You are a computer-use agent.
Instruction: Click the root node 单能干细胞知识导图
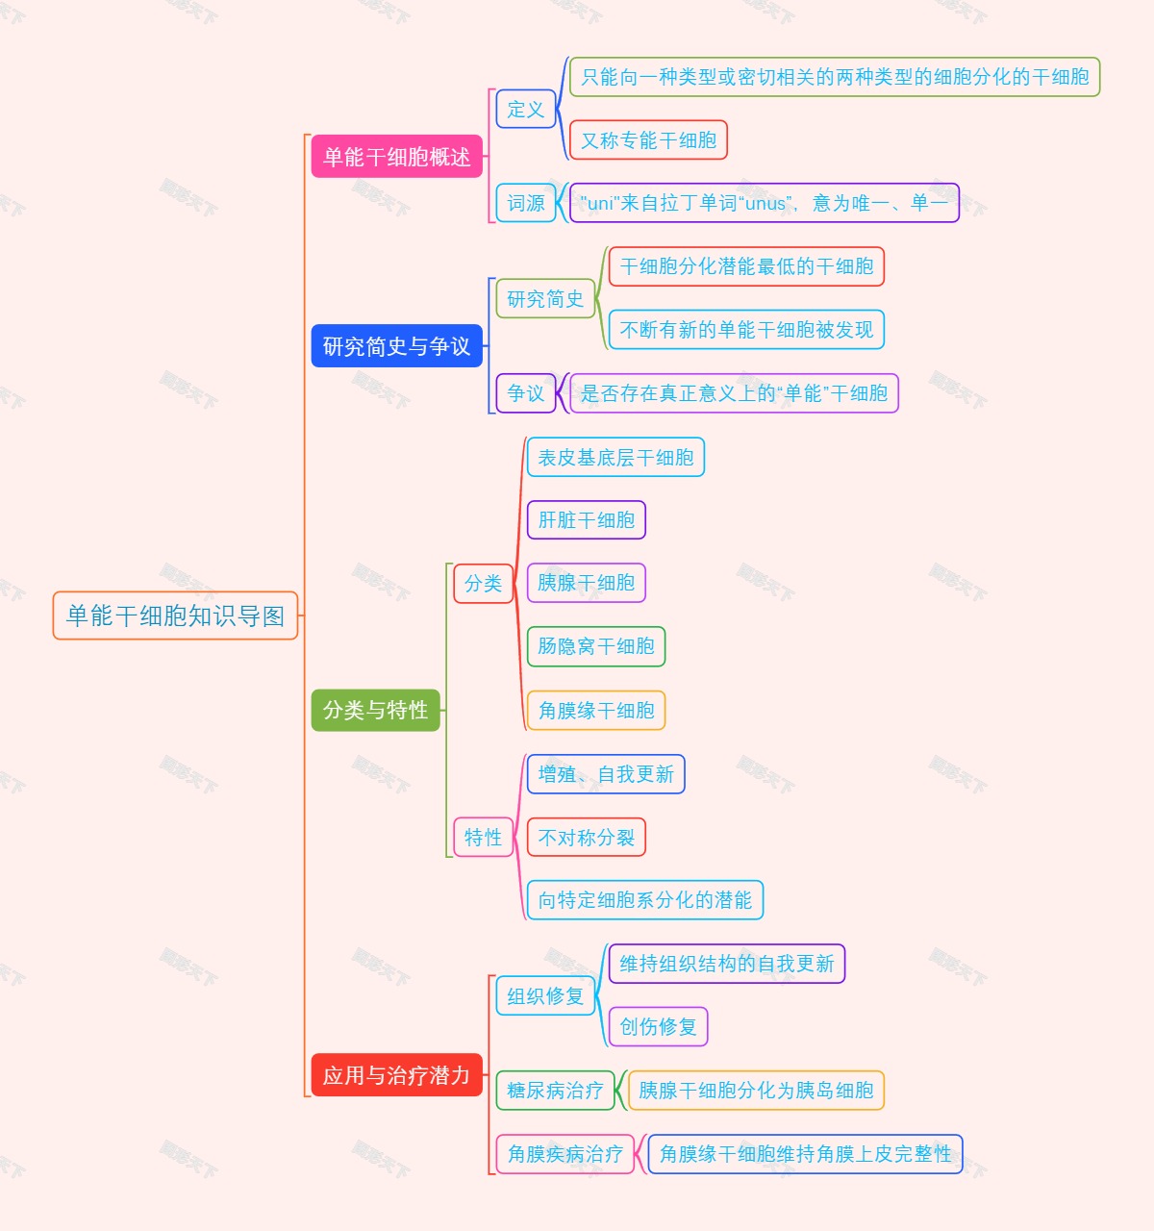tap(175, 615)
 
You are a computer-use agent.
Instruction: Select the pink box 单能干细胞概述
tap(396, 157)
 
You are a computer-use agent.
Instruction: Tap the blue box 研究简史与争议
tap(396, 346)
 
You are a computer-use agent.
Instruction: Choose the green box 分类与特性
tap(375, 710)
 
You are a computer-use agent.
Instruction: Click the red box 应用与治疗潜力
tap(396, 1075)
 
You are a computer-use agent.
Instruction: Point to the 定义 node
tap(526, 110)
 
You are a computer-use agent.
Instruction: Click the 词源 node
tap(526, 203)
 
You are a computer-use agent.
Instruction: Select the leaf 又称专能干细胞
tap(648, 140)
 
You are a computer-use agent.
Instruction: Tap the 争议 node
tap(526, 393)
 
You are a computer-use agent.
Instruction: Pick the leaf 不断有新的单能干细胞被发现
tap(746, 330)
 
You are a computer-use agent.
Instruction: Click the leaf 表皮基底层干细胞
tap(615, 457)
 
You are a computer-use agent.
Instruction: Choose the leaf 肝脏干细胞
tap(586, 520)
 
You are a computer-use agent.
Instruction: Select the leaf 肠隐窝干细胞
tap(595, 646)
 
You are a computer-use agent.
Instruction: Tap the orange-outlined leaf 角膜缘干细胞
tap(595, 711)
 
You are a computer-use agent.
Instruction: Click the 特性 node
tap(483, 837)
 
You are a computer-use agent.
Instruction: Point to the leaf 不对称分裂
tap(586, 837)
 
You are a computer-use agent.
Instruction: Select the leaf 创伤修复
tap(658, 1026)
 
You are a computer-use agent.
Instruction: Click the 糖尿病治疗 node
tap(555, 1091)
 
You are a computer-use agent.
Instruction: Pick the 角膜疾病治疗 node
tap(564, 1154)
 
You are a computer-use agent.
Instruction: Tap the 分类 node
tap(483, 583)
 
